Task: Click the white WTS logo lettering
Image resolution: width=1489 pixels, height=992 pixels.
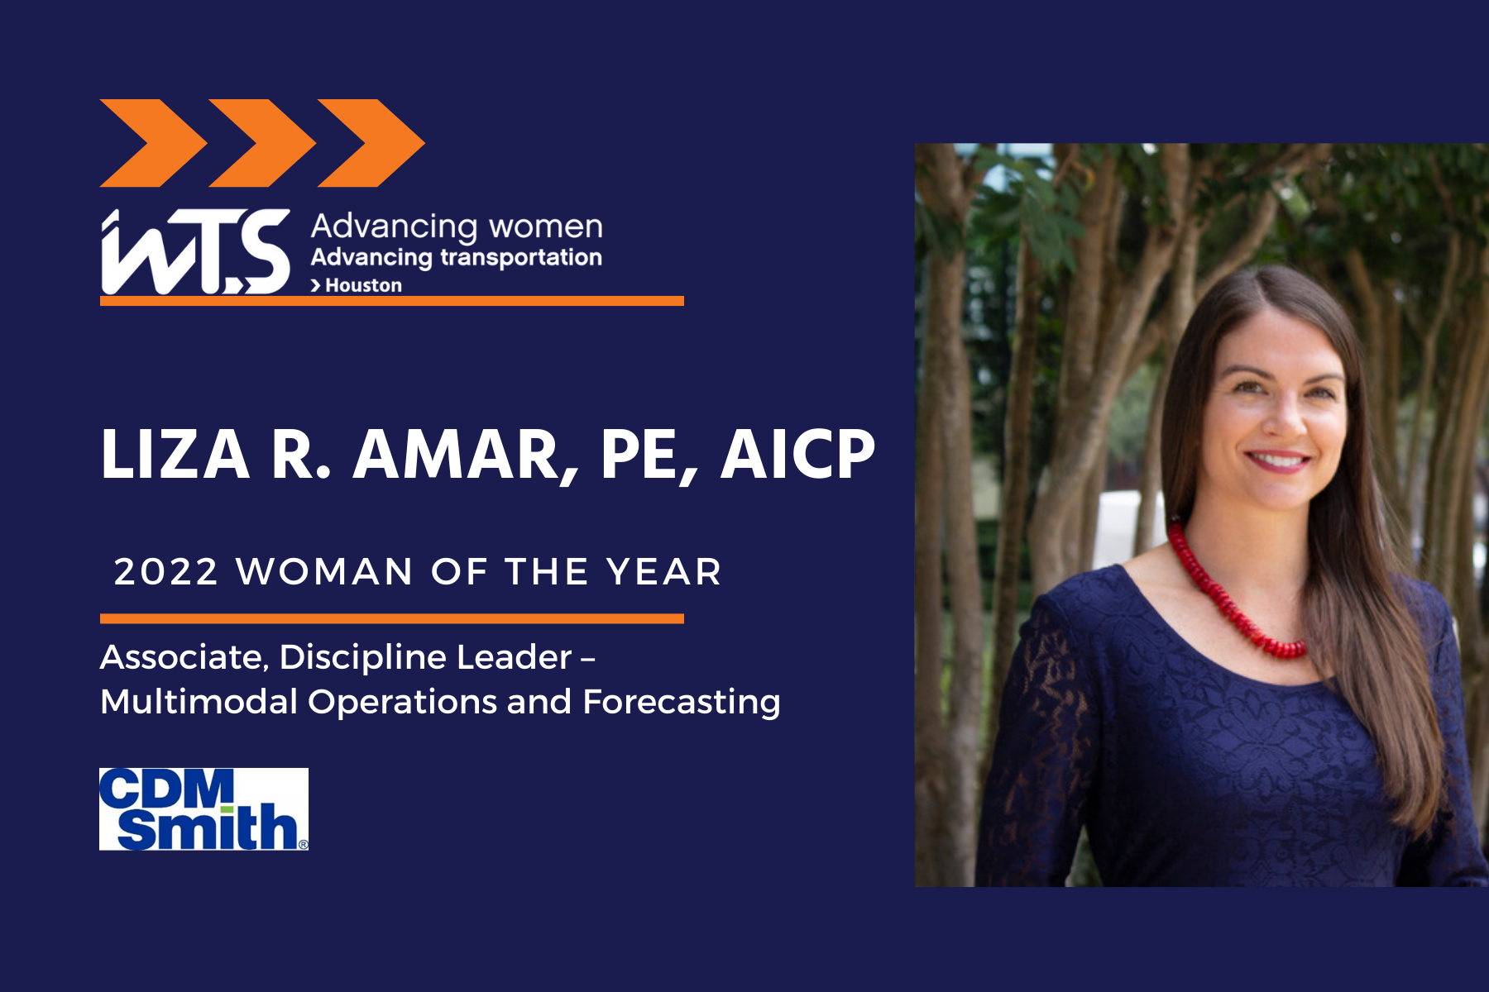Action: click(x=195, y=251)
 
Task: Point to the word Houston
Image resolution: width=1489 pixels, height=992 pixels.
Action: click(x=364, y=285)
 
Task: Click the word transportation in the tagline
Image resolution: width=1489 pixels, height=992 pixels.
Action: click(x=521, y=258)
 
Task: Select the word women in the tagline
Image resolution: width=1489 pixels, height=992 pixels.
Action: click(x=546, y=227)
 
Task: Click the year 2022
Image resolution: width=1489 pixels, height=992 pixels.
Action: click(x=166, y=572)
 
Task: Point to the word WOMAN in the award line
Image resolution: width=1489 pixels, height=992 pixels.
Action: click(x=324, y=572)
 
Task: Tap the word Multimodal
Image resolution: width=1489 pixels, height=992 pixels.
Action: click(x=199, y=702)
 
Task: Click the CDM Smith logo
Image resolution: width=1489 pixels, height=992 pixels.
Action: click(x=203, y=809)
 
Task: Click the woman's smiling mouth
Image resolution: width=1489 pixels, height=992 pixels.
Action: click(x=1278, y=460)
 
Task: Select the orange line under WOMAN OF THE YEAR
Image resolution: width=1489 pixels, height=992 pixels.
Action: click(x=392, y=618)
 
